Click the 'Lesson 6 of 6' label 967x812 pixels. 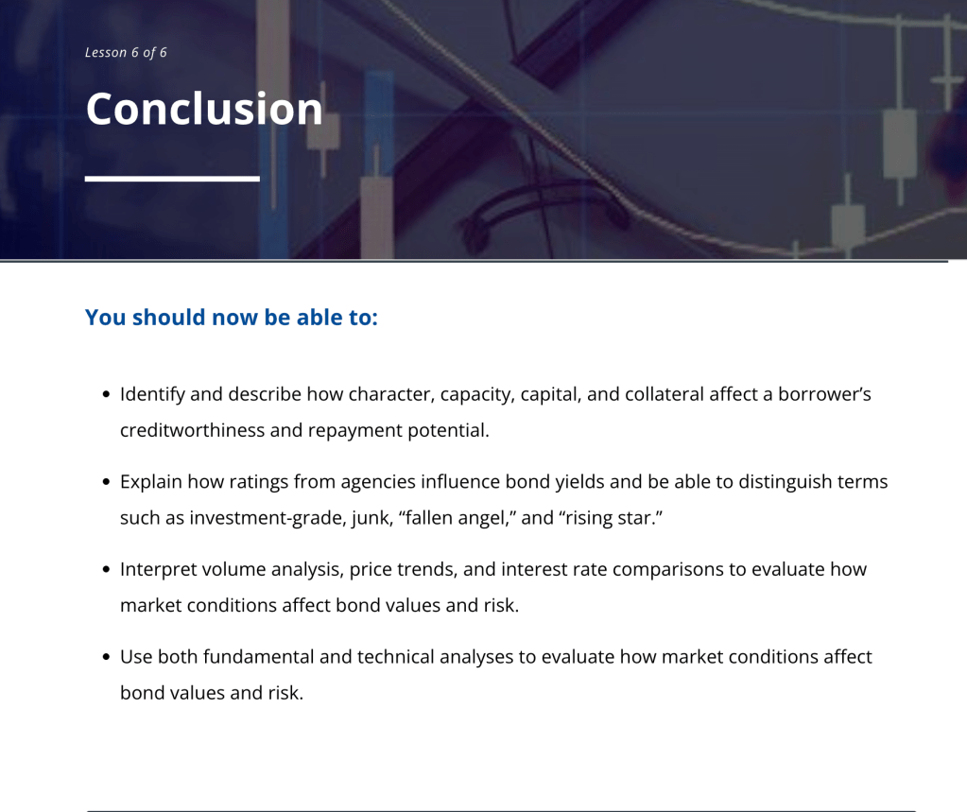[x=126, y=52]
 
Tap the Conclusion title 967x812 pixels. [x=204, y=109]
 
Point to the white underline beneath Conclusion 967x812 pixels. [x=172, y=179]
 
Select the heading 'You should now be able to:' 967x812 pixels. [x=232, y=317]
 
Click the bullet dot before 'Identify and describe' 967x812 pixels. [x=106, y=394]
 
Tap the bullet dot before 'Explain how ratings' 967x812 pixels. [x=106, y=482]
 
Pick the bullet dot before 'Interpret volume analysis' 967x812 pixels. [x=106, y=570]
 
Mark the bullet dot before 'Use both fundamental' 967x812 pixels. [x=106, y=657]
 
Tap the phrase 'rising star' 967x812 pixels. [x=611, y=518]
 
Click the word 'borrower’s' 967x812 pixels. [x=824, y=394]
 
